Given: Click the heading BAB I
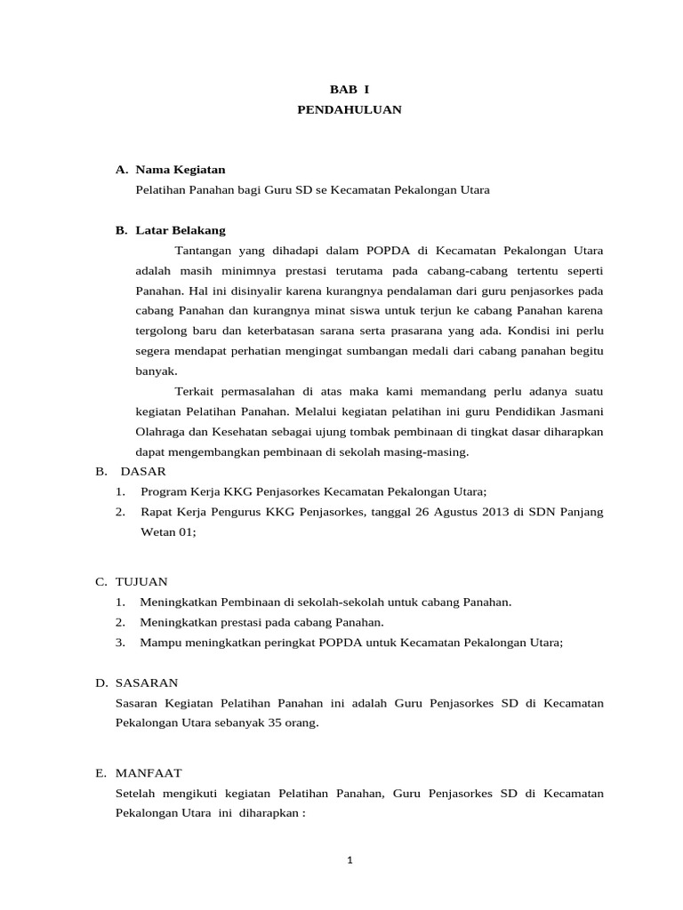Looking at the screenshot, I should click(350, 90).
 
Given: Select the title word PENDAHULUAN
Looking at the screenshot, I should click(350, 109).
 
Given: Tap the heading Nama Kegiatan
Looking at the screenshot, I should click(181, 169).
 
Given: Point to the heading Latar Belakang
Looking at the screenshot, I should click(181, 229).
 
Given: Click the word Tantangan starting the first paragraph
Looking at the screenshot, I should click(202, 251).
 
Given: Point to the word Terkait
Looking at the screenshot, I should click(195, 391).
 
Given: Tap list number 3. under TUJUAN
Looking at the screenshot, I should click(120, 642).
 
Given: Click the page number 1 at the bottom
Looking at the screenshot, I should click(350, 860).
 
